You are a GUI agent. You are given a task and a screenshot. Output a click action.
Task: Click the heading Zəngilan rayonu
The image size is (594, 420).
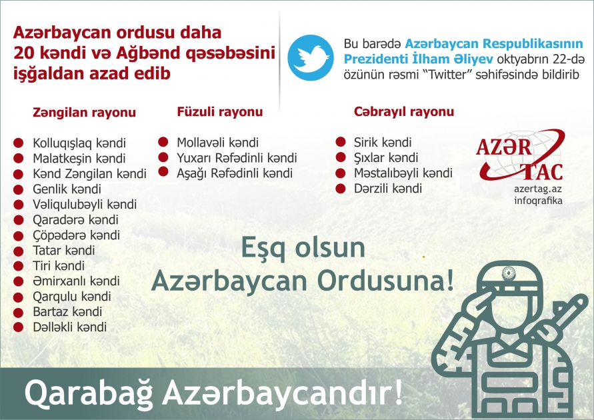[x=85, y=113]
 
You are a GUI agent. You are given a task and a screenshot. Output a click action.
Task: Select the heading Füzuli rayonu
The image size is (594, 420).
[x=219, y=112]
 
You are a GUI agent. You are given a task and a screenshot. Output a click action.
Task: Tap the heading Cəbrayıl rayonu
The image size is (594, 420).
[x=404, y=111]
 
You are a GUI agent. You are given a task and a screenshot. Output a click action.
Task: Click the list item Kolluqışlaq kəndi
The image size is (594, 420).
[x=79, y=143]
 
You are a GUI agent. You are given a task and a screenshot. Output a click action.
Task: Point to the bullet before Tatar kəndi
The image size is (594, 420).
[x=19, y=250]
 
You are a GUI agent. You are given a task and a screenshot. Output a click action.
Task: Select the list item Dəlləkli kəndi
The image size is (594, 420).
[x=69, y=327]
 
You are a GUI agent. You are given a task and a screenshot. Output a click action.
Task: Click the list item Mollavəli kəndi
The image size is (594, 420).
[x=217, y=143]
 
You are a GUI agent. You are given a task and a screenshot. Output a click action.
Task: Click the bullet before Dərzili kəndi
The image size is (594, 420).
[x=341, y=188]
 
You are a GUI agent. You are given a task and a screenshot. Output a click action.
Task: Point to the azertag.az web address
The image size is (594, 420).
[x=538, y=189]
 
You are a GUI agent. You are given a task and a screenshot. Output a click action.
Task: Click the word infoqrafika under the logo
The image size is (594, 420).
[x=539, y=200]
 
